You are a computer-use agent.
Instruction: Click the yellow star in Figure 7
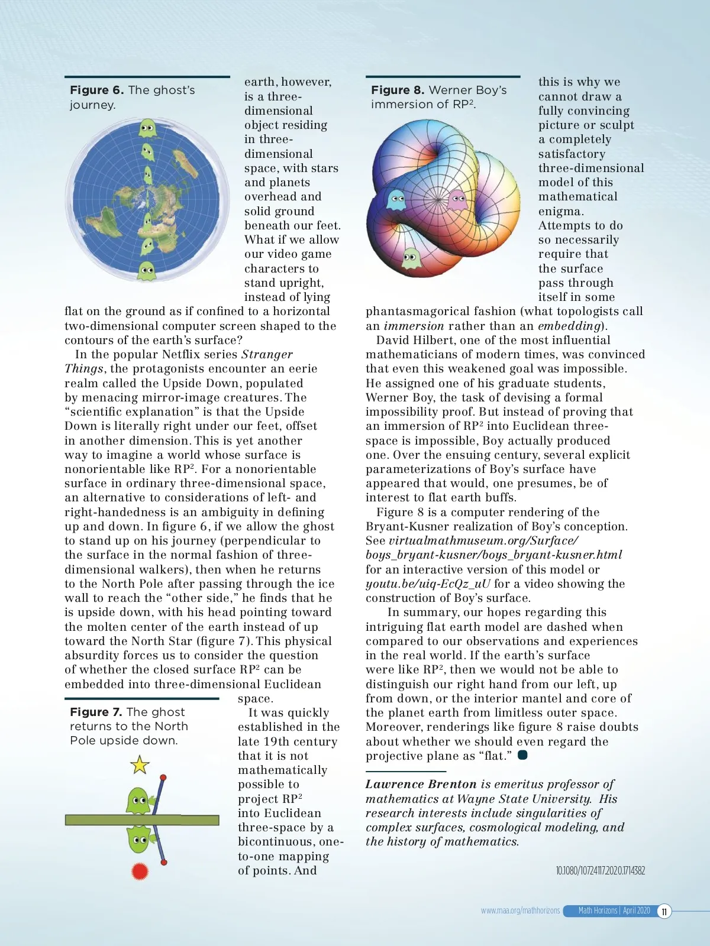[x=140, y=764]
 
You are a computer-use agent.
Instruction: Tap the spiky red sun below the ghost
[x=140, y=870]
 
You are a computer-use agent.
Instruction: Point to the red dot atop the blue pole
[x=163, y=777]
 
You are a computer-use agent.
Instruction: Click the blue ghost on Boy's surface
[x=396, y=199]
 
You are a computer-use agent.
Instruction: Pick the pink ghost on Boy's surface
[x=457, y=200]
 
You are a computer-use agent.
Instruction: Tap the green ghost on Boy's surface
[x=411, y=258]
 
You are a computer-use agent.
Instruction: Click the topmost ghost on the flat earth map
[x=147, y=128]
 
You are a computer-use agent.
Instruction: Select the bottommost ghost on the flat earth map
[x=147, y=271]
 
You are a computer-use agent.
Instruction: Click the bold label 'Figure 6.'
[x=96, y=90]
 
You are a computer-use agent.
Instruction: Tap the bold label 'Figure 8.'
[x=398, y=90]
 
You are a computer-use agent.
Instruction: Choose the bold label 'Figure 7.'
[x=96, y=712]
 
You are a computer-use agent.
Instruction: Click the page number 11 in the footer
[x=664, y=911]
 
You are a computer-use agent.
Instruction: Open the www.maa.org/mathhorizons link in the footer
[x=520, y=911]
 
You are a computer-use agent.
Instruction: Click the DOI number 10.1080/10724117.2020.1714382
[x=600, y=870]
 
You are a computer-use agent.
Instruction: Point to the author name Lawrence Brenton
[x=421, y=784]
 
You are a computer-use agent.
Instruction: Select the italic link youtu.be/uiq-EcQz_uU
[x=428, y=584]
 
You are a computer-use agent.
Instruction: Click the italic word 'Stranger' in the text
[x=267, y=354]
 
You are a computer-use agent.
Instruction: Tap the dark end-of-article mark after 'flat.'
[x=522, y=755]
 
